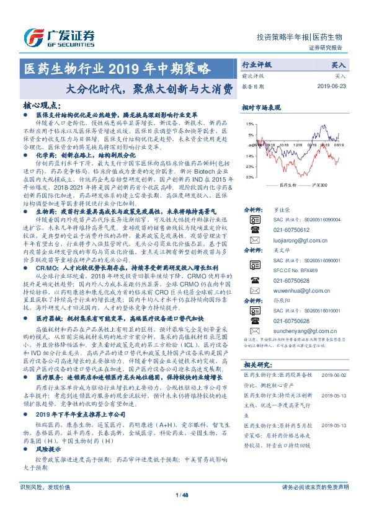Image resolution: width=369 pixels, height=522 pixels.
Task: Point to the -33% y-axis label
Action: coord(249,177)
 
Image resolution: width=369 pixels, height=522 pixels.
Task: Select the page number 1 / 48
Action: coord(184,511)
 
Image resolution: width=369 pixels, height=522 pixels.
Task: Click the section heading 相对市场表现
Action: coord(265,108)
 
